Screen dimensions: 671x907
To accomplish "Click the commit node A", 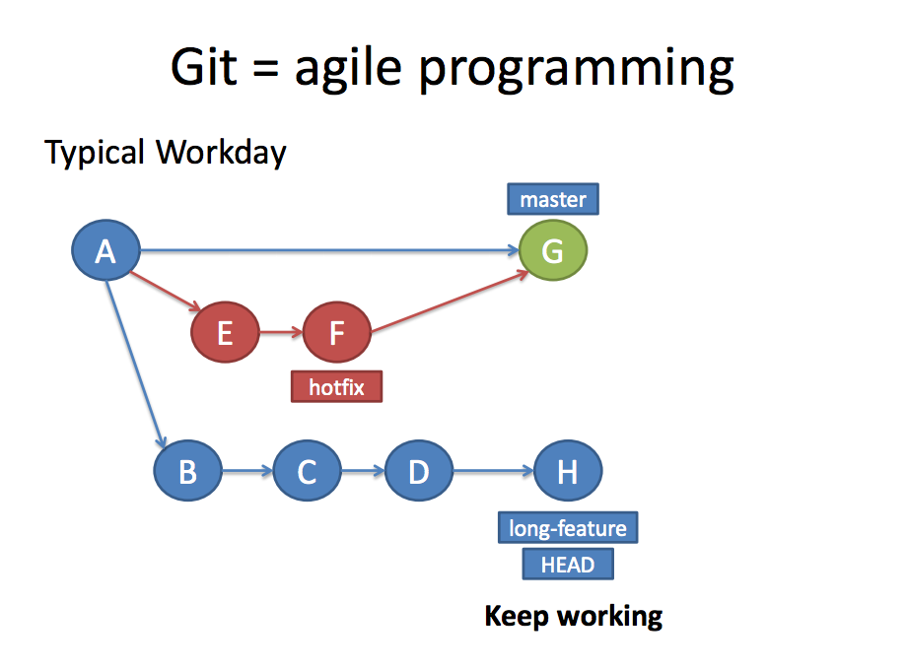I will click(105, 252).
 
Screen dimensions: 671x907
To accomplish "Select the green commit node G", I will click(553, 252).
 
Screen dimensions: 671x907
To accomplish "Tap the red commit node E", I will click(225, 333).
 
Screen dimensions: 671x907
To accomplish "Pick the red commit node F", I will click(336, 333).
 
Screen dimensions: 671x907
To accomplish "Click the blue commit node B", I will click(187, 472).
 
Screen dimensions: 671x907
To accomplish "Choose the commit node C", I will click(307, 472).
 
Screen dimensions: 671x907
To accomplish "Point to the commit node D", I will click(419, 472).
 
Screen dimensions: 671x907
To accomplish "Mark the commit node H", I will click(567, 472).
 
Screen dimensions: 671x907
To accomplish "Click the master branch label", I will click(553, 200).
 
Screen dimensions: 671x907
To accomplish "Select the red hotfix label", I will click(336, 387).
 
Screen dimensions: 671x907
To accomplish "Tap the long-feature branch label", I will click(568, 529).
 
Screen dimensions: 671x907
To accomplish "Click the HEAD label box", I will click(568, 565).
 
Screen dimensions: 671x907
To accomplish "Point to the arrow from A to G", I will click(325, 251).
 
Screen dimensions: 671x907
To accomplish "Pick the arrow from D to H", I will click(493, 472).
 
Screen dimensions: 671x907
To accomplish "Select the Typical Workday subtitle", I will click(166, 153).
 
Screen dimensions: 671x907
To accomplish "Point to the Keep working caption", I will click(574, 617).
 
